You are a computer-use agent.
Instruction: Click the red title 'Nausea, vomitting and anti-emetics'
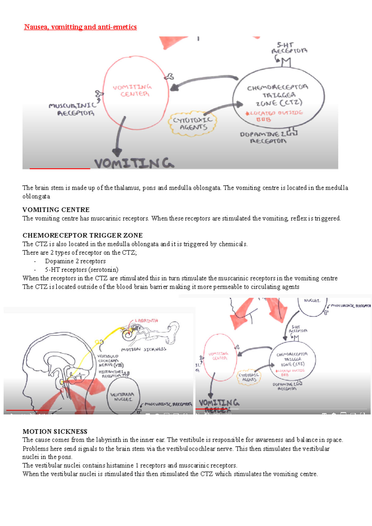80,27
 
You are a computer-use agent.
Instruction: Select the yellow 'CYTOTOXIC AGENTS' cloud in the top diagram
193,123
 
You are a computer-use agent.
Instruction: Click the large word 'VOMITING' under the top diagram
134,163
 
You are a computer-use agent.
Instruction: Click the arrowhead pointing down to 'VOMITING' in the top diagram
117,152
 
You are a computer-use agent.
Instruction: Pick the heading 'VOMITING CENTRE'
56,210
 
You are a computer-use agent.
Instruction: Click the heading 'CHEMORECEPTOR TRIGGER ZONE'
82,235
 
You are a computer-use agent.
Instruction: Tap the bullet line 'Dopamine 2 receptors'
75,261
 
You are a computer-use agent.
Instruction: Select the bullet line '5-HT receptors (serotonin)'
82,270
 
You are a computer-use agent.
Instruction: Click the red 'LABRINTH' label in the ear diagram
146,321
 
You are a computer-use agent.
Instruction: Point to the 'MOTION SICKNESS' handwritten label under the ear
144,349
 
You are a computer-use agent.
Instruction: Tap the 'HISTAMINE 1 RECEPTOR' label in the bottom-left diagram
111,374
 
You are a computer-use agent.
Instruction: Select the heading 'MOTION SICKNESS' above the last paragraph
55,432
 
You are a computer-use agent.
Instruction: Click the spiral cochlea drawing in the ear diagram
128,334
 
